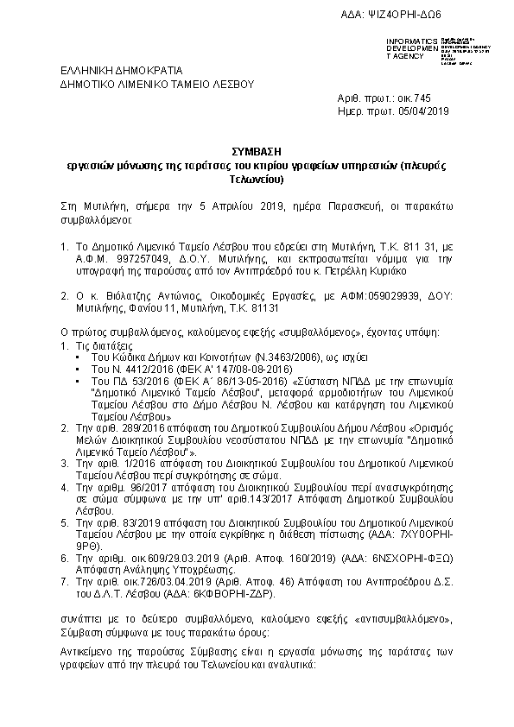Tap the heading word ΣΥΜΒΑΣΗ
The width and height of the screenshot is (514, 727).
257,149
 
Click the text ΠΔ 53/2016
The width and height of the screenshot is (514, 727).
117,380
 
